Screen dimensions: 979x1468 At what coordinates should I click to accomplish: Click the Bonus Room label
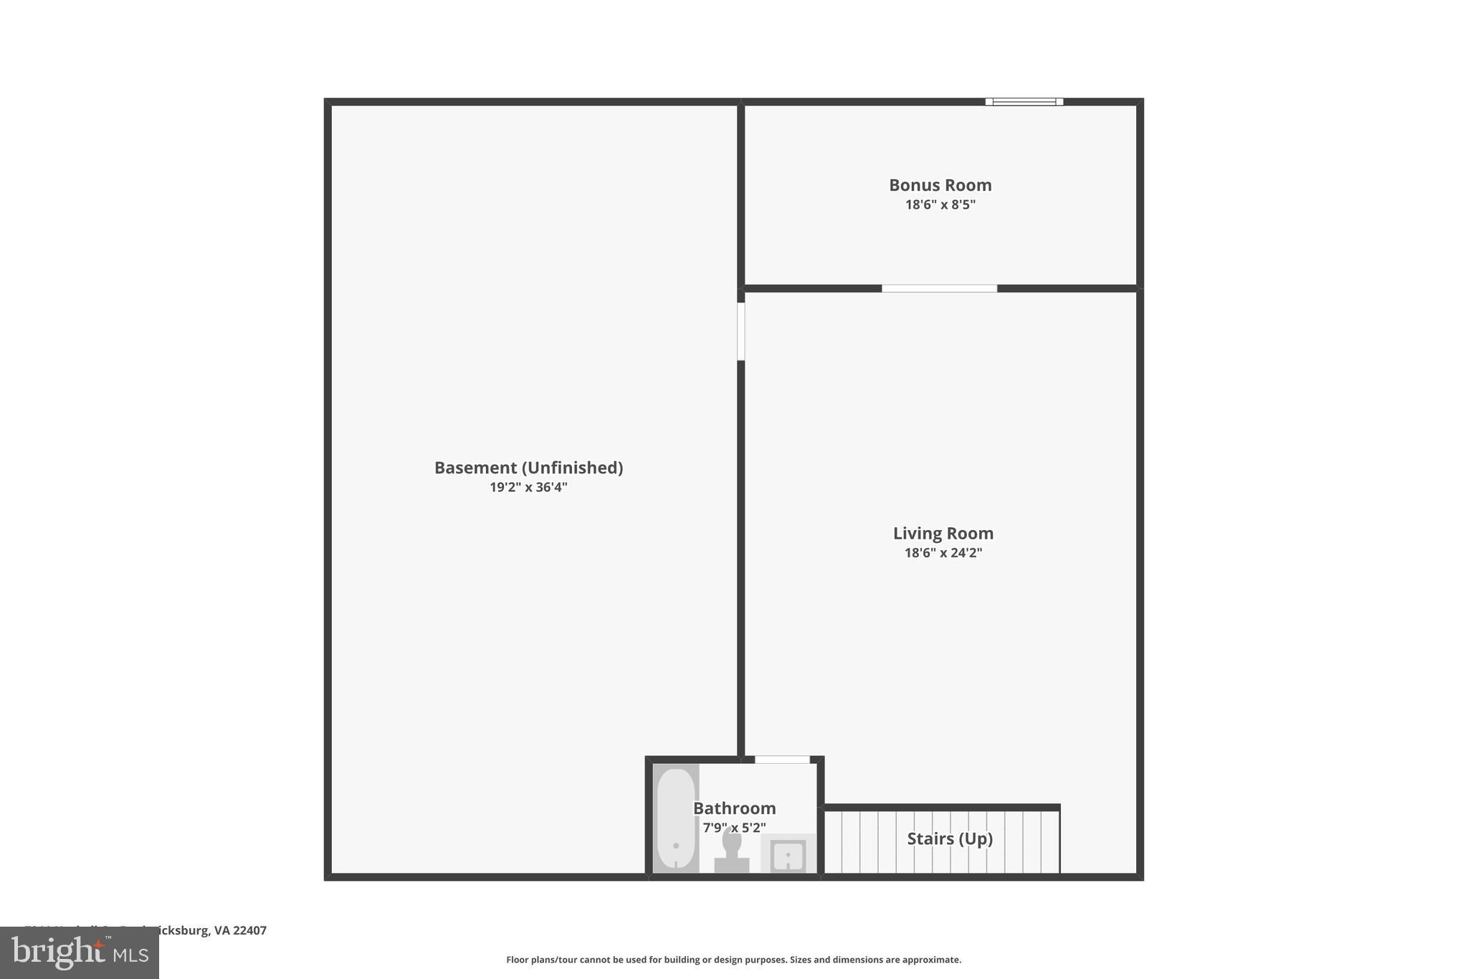click(940, 185)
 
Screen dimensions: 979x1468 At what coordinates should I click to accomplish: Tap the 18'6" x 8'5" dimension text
click(940, 205)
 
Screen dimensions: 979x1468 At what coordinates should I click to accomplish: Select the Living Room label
click(943, 534)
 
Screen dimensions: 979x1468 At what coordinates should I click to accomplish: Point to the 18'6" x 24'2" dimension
click(943, 553)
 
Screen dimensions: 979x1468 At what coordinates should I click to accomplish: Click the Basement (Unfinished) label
click(528, 468)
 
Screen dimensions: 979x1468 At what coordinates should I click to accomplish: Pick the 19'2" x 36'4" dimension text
click(528, 488)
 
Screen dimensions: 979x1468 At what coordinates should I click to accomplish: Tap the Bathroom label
click(734, 808)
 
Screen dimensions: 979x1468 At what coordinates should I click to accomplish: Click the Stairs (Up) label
click(950, 839)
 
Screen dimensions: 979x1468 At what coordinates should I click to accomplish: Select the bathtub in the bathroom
click(675, 818)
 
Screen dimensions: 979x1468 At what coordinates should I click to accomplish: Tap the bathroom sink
click(788, 855)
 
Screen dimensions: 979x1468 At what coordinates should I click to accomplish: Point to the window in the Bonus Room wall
click(1024, 102)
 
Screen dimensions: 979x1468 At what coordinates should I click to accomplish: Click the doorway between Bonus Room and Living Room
click(939, 288)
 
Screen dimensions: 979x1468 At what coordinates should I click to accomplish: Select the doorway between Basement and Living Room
click(741, 331)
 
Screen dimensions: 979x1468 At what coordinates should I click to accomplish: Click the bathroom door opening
click(782, 760)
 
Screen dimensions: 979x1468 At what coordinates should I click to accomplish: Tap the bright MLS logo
click(79, 953)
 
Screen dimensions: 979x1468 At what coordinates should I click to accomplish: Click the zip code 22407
click(249, 931)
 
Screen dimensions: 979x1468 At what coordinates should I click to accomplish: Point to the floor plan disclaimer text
click(733, 960)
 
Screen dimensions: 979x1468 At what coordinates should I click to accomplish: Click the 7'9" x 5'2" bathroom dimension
click(734, 828)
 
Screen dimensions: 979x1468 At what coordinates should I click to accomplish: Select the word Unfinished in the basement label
click(572, 468)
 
